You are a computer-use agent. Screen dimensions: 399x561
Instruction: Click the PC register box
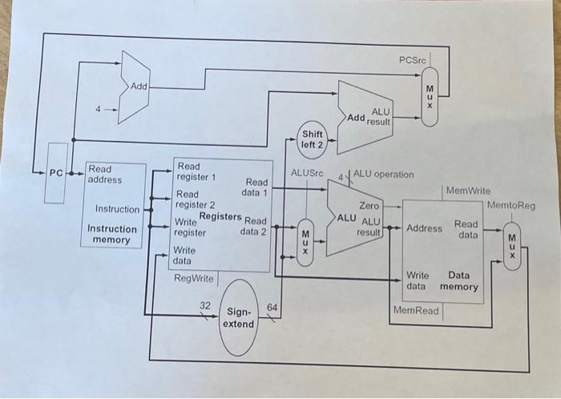[x=55, y=173]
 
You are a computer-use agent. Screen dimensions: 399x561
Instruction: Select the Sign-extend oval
[x=238, y=316]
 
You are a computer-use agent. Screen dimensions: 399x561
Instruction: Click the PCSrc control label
[x=413, y=61]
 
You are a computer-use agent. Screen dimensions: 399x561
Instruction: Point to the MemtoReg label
[x=511, y=206]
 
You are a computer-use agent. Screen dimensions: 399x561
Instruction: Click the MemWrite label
[x=467, y=191]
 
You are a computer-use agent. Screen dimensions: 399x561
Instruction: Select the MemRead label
[x=416, y=310]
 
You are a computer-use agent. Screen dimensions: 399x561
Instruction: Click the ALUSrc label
[x=305, y=172]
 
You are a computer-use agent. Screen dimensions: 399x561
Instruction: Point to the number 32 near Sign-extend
[x=205, y=305]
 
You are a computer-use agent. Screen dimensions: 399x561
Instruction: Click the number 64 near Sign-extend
[x=272, y=307]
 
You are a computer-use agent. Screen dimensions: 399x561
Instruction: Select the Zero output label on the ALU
[x=369, y=206]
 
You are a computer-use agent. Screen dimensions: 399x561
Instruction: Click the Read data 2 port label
[x=253, y=226]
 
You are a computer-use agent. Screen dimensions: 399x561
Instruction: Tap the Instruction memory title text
[x=111, y=234]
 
